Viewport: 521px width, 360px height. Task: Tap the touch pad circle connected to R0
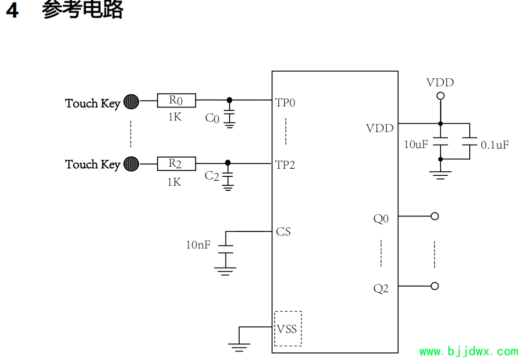[x=131, y=101]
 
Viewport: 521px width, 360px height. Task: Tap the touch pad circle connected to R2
[x=131, y=164]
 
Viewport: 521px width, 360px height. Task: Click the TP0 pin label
[x=285, y=102]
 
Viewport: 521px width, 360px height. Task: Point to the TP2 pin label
[x=285, y=165]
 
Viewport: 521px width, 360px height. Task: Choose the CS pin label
[x=283, y=231]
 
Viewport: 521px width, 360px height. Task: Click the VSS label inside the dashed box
[x=287, y=329]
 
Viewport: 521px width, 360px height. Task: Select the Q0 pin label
[x=381, y=219]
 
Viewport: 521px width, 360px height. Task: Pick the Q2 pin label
[x=381, y=289]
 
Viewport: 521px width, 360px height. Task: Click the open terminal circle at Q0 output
[x=435, y=216]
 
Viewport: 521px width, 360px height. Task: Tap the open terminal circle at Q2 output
[x=435, y=286]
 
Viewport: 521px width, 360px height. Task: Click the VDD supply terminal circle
[x=441, y=96]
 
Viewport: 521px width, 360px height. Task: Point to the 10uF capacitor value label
[x=416, y=145]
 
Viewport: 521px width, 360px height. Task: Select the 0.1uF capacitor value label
[x=495, y=145]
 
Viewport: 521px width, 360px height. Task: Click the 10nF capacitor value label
[x=198, y=245]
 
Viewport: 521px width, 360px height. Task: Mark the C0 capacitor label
[x=212, y=118]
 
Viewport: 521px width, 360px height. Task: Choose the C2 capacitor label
[x=212, y=176]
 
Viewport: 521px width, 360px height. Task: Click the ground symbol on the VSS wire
[x=239, y=347]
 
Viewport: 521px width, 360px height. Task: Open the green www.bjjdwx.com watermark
[x=469, y=351]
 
